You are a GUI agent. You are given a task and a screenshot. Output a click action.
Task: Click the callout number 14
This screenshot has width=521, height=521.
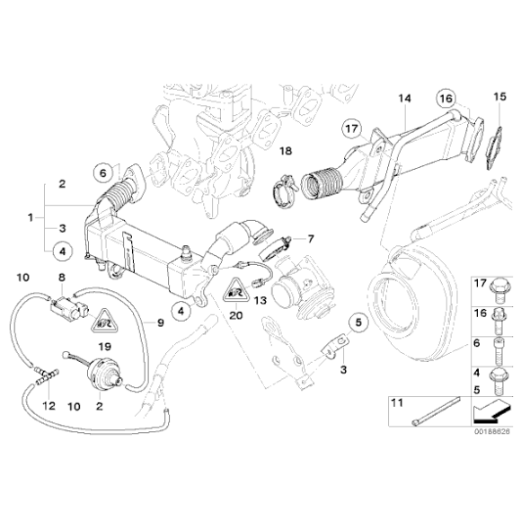[403, 97]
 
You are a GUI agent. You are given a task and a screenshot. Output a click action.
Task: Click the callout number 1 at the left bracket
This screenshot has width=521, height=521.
[31, 218]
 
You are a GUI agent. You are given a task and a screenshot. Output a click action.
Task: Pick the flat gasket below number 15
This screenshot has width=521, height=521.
[490, 148]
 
